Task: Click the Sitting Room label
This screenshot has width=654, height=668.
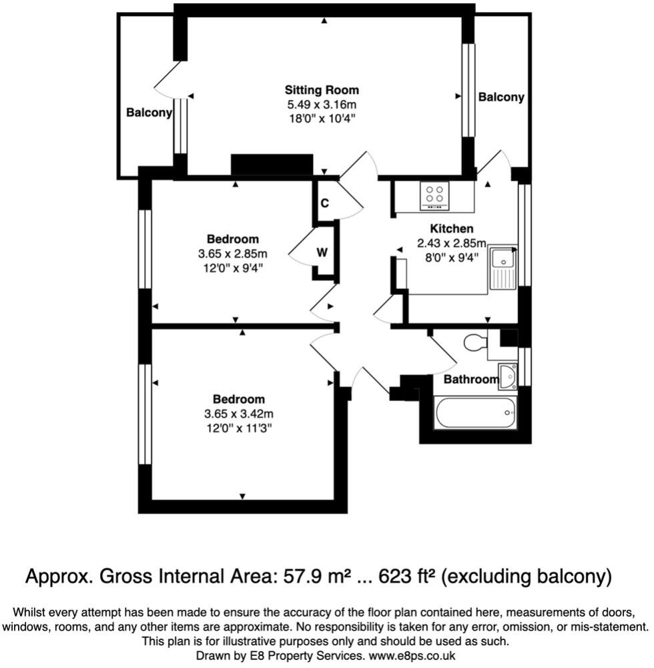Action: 322,90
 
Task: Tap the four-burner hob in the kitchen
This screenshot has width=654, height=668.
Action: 434,196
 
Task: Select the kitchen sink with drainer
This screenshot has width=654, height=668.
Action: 503,268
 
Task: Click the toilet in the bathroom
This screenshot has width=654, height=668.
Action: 475,342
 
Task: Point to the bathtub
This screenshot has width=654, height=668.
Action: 475,412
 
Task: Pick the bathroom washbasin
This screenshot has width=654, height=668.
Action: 508,376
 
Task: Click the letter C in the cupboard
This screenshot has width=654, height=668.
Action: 324,204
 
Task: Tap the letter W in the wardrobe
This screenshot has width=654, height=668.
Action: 322,253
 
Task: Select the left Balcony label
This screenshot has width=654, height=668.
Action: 149,113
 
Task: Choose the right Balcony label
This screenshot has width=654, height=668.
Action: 501,97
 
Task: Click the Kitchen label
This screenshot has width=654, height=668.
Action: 452,229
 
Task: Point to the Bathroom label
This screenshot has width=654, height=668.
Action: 471,379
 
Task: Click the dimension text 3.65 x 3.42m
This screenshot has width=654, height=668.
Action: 239,414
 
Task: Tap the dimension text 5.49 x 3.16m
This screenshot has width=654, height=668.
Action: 322,104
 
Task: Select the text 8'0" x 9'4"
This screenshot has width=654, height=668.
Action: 452,258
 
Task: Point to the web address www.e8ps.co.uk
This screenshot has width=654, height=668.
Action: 412,655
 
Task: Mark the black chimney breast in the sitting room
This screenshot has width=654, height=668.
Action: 272,165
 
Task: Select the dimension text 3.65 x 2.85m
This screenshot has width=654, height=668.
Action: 233,254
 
